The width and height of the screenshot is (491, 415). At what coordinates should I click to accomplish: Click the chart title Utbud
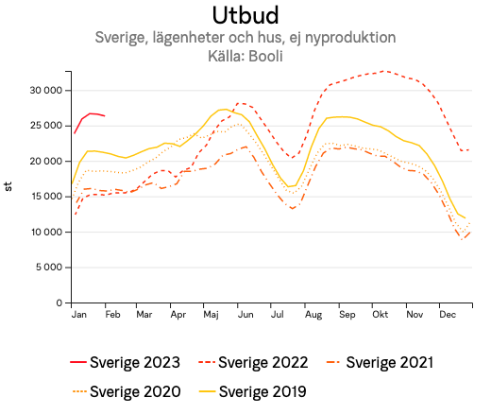(245, 15)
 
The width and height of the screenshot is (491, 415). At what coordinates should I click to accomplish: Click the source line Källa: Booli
(245, 56)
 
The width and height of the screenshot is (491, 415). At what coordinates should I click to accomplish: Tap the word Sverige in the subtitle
(124, 38)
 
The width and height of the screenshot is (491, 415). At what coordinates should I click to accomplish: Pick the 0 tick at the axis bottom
(59, 303)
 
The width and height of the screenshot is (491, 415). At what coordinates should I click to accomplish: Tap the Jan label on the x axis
(79, 314)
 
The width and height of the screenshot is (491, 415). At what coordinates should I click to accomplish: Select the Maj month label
(212, 314)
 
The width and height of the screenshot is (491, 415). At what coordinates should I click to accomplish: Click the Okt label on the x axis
(380, 314)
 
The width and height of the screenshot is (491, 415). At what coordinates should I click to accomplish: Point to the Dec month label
(448, 314)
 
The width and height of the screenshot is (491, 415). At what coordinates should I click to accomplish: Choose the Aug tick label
(313, 314)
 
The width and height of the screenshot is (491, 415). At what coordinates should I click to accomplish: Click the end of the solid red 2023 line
(105, 116)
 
